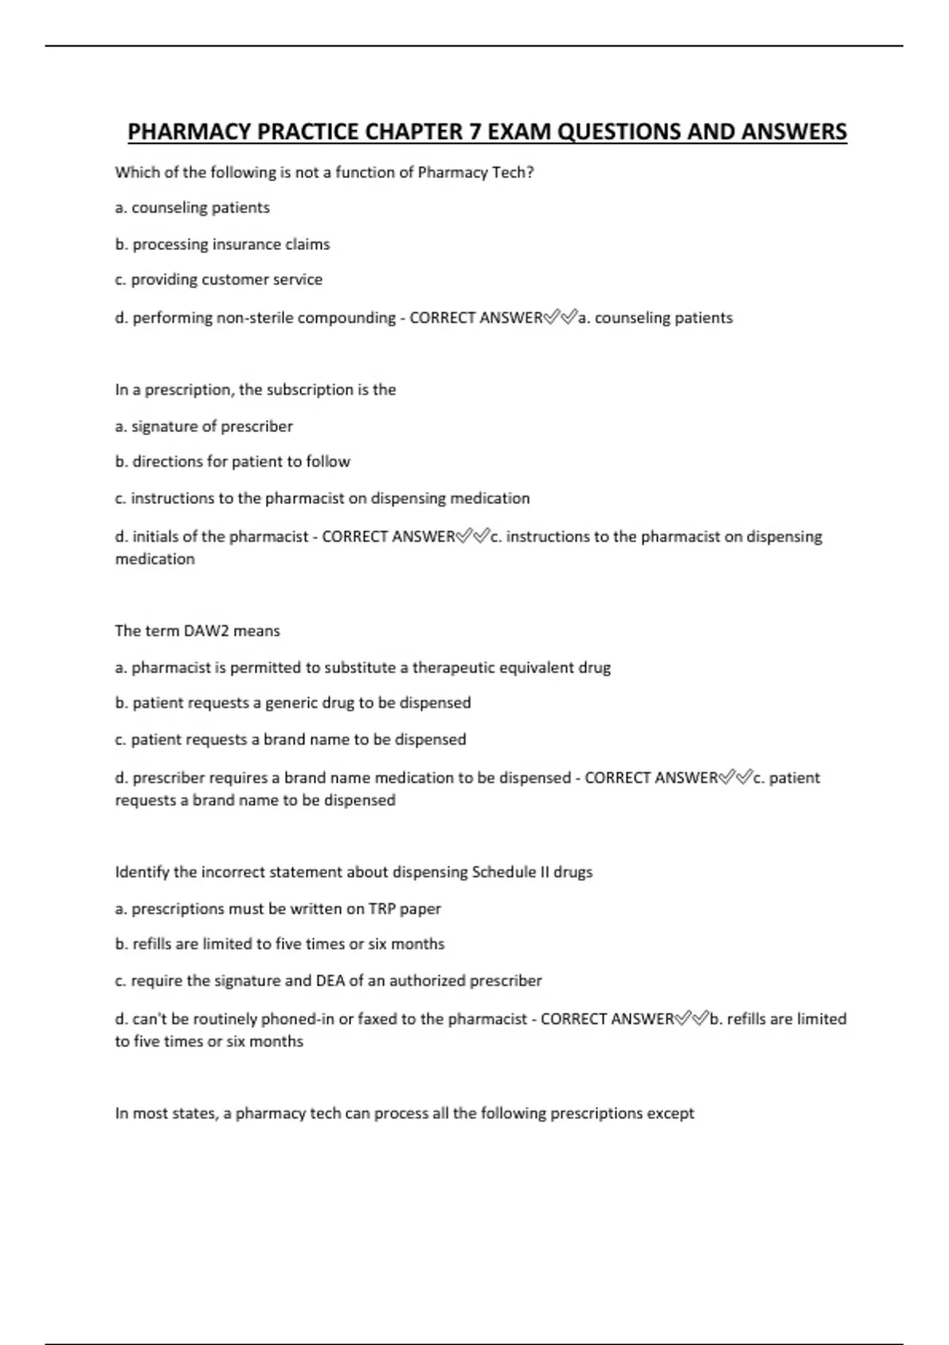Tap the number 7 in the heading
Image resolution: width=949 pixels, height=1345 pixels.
[x=475, y=131]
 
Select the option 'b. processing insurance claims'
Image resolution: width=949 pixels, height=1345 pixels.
[x=222, y=244]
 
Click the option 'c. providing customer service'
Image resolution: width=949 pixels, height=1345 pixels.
[x=218, y=279]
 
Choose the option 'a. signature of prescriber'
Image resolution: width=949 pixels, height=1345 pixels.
[x=204, y=426]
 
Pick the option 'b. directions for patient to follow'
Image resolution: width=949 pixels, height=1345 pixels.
[x=233, y=461]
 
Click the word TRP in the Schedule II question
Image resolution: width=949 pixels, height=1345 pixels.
[x=382, y=909]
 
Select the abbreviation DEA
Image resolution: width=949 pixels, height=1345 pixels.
[x=331, y=981]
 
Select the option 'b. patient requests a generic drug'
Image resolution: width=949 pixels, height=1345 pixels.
[x=293, y=703]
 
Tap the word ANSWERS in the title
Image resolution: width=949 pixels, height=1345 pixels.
[x=794, y=131]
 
